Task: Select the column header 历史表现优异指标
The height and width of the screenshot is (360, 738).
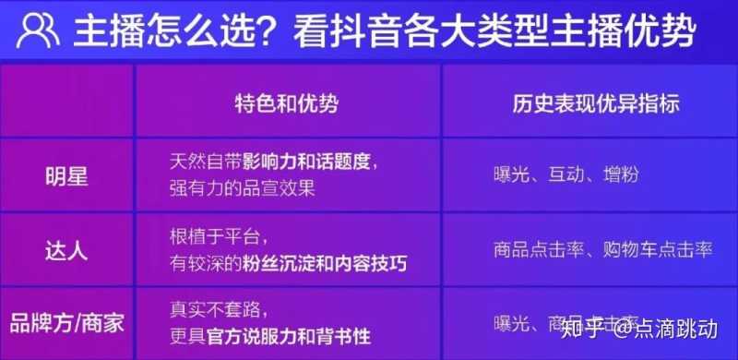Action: point(596,104)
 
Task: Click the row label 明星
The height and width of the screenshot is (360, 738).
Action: point(67,175)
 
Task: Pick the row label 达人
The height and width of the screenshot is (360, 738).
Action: point(67,249)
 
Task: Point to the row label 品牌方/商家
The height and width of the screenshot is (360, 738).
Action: point(67,324)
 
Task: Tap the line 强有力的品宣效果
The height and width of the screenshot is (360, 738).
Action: point(242,189)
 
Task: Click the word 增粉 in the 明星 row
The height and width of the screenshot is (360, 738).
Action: point(620,175)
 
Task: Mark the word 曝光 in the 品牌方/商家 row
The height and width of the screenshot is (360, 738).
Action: point(513,324)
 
